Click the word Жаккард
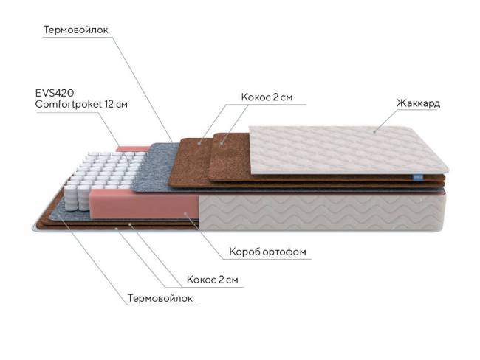pyautogui.click(x=418, y=103)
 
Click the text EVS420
pyautogui.click(x=55, y=93)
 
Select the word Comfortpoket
pyautogui.click(x=68, y=104)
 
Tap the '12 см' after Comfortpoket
pyautogui.click(x=116, y=104)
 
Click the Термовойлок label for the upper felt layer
pyautogui.click(x=75, y=30)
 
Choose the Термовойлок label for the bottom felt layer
pyautogui.click(x=160, y=298)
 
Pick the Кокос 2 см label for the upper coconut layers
pyautogui.click(x=267, y=97)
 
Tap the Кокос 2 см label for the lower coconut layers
pyautogui.click(x=213, y=280)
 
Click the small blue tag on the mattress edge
pyautogui.click(x=416, y=177)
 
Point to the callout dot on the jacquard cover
pyautogui.click(x=374, y=132)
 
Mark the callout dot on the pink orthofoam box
pyautogui.click(x=185, y=214)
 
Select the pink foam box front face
pyautogui.click(x=144, y=204)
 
